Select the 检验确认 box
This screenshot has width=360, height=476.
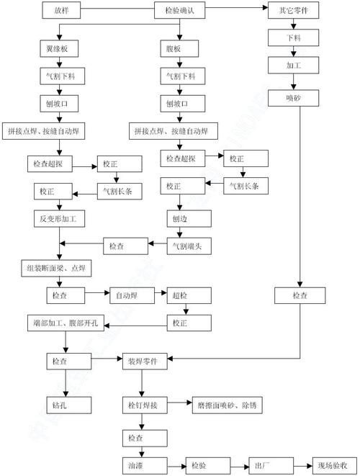[185, 12]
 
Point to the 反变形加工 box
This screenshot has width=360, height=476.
[60, 217]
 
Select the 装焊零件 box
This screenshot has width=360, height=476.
[148, 360]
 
